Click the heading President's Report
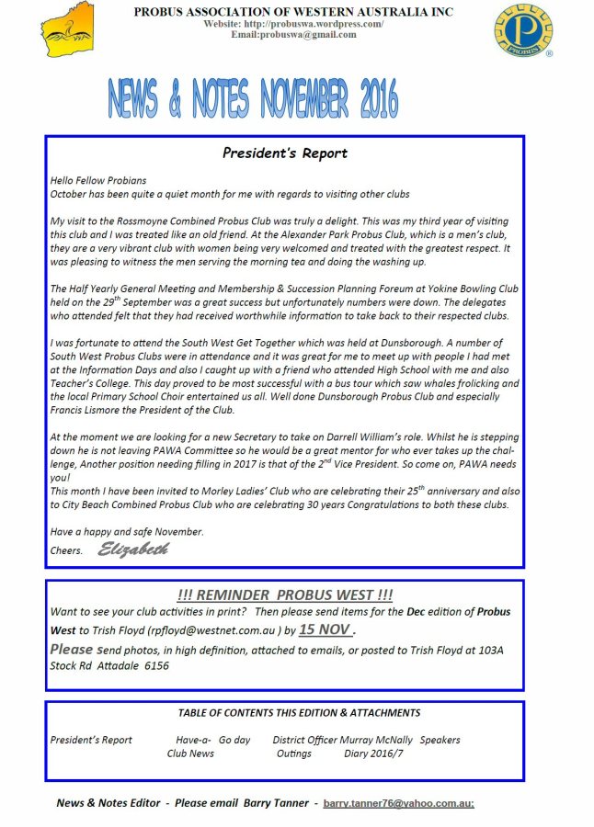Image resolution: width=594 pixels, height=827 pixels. [x=284, y=153]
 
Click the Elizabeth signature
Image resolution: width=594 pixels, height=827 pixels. [x=133, y=549]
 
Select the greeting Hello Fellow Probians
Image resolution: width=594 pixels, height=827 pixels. [x=98, y=180]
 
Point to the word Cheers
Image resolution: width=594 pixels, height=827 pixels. [x=66, y=550]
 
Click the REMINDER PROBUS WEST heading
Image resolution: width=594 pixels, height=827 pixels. [x=284, y=595]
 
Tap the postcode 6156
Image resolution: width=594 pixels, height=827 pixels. [x=155, y=666]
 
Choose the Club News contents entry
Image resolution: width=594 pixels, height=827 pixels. [x=190, y=753]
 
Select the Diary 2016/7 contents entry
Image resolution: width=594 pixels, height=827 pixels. [x=372, y=753]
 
